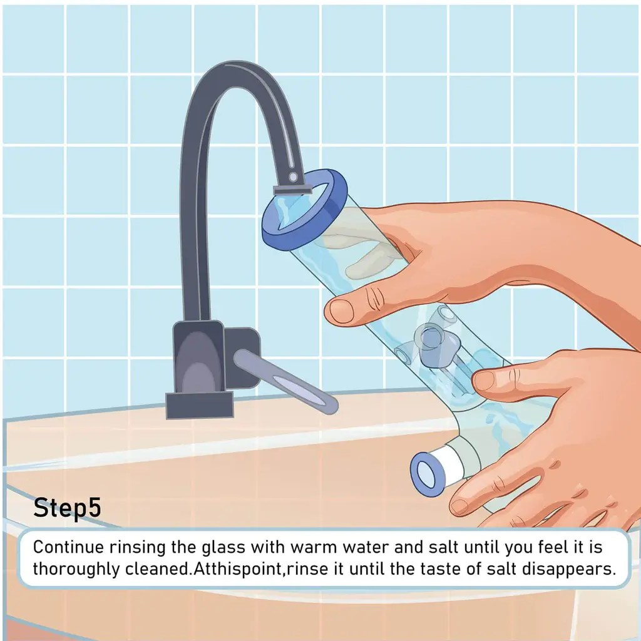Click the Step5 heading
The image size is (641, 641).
[x=66, y=508]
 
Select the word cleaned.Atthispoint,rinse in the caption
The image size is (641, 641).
[x=242, y=570]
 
